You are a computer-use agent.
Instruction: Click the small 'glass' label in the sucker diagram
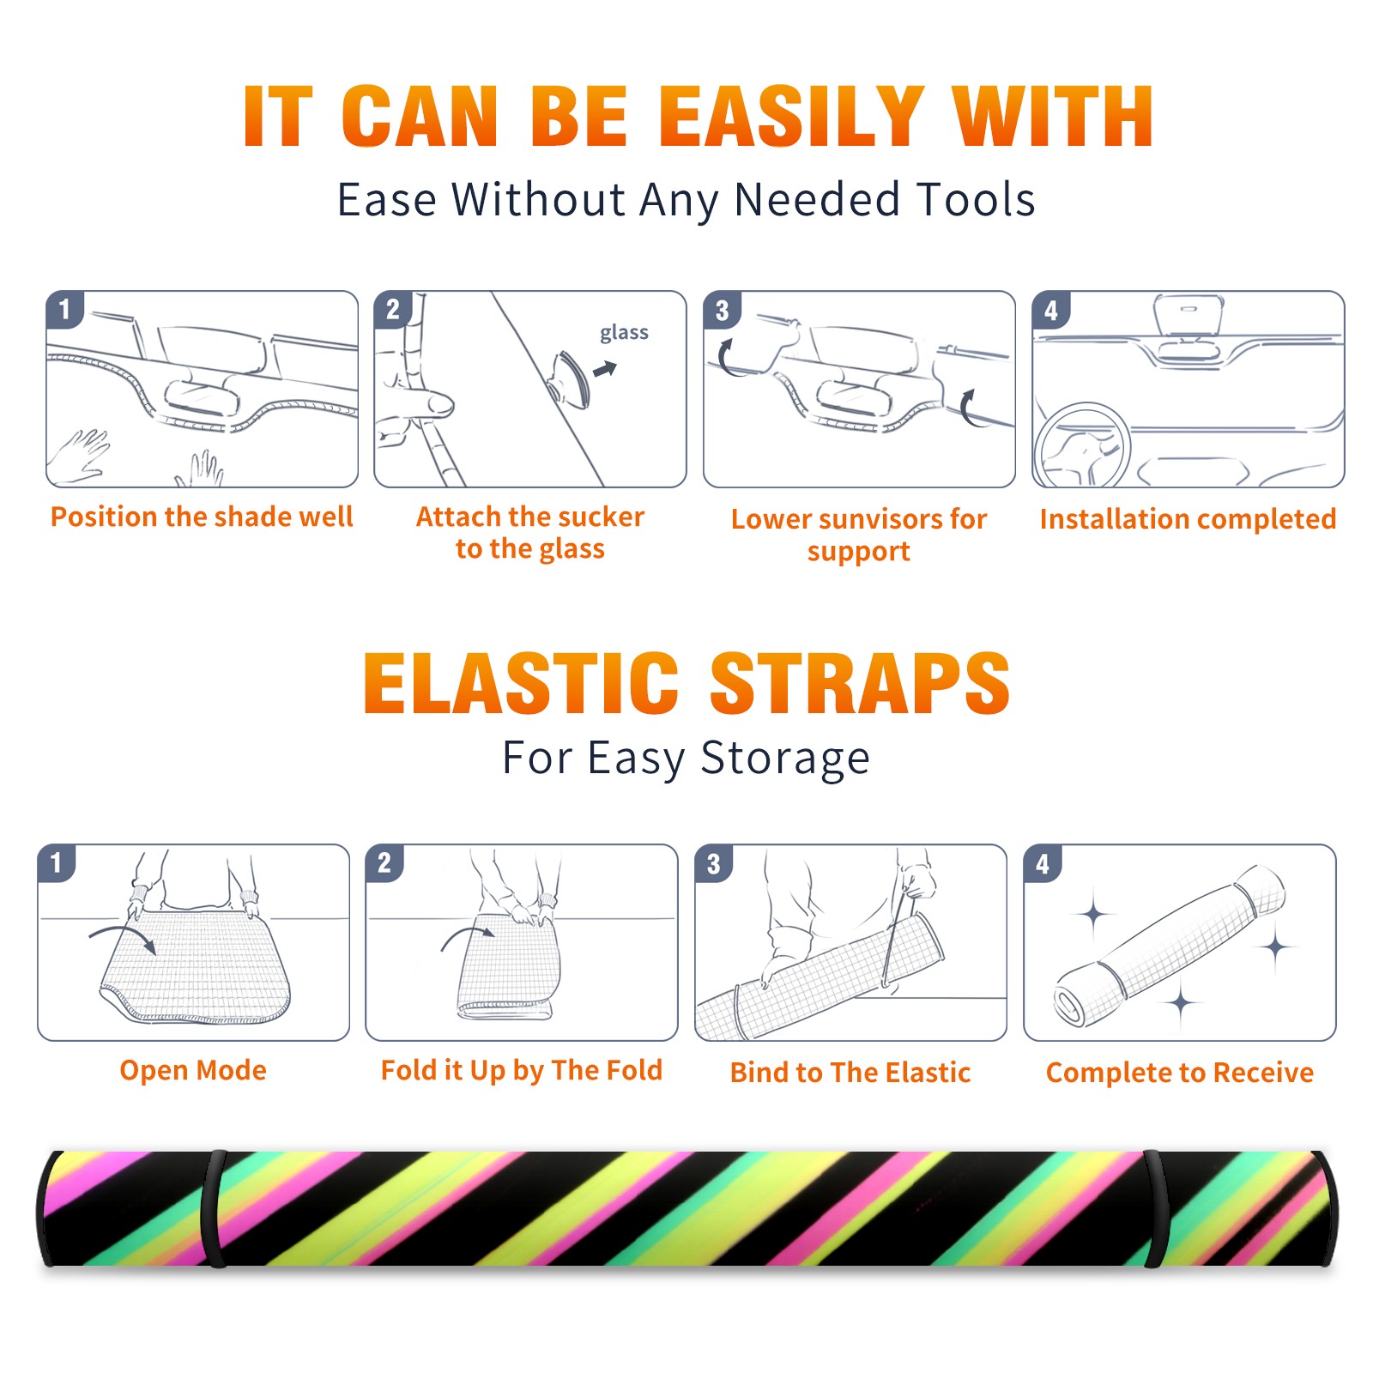pyautogui.click(x=624, y=333)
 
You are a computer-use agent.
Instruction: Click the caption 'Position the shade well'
pyautogui.click(x=202, y=517)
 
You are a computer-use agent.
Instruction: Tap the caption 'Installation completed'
pyautogui.click(x=1188, y=519)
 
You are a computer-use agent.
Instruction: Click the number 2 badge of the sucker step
pyautogui.click(x=393, y=309)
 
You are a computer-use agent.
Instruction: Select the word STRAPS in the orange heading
pyautogui.click(x=860, y=683)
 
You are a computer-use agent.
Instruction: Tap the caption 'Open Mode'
pyautogui.click(x=193, y=1070)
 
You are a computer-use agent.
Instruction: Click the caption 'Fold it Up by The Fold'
pyautogui.click(x=522, y=1070)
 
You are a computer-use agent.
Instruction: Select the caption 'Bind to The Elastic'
pyautogui.click(x=850, y=1073)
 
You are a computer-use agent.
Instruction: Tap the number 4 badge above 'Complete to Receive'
pyautogui.click(x=1043, y=863)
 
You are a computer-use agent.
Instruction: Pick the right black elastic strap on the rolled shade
pyautogui.click(x=1156, y=1208)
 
